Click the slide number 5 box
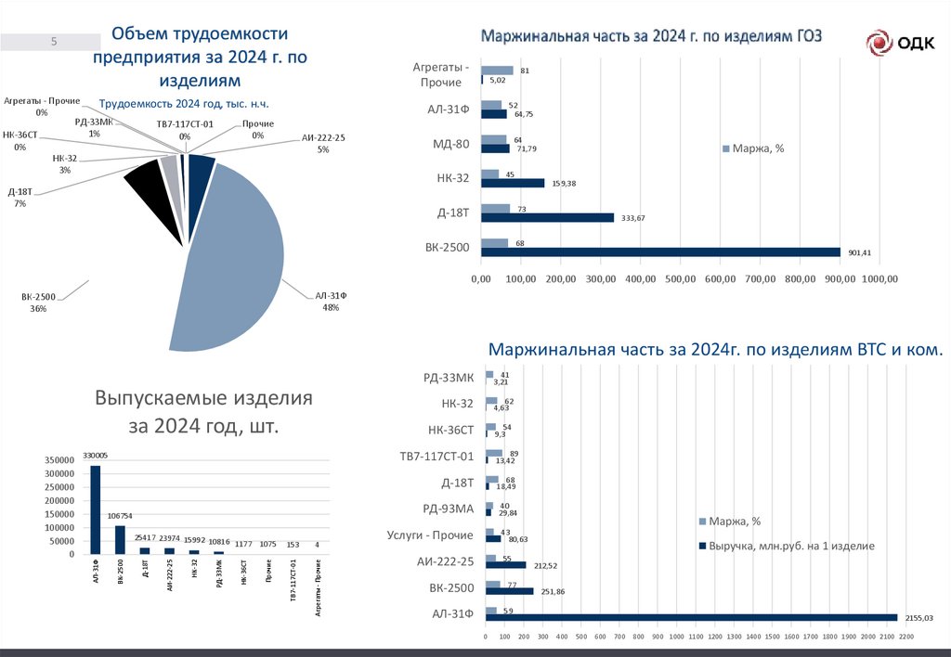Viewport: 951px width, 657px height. tap(53, 42)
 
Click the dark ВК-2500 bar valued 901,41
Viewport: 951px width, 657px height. tap(660, 251)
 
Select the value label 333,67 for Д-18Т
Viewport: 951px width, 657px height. tap(632, 218)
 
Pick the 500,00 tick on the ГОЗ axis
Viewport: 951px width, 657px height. tap(681, 279)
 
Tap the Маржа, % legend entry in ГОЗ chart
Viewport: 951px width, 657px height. tap(753, 148)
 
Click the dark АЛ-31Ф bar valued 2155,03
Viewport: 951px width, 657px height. tap(691, 617)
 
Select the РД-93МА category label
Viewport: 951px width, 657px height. tap(448, 509)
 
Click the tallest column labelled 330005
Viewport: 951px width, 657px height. tap(95, 509)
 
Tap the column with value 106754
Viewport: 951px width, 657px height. tap(120, 539)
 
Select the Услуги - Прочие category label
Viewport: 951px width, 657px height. tap(429, 535)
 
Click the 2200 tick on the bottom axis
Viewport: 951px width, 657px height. tap(906, 637)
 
